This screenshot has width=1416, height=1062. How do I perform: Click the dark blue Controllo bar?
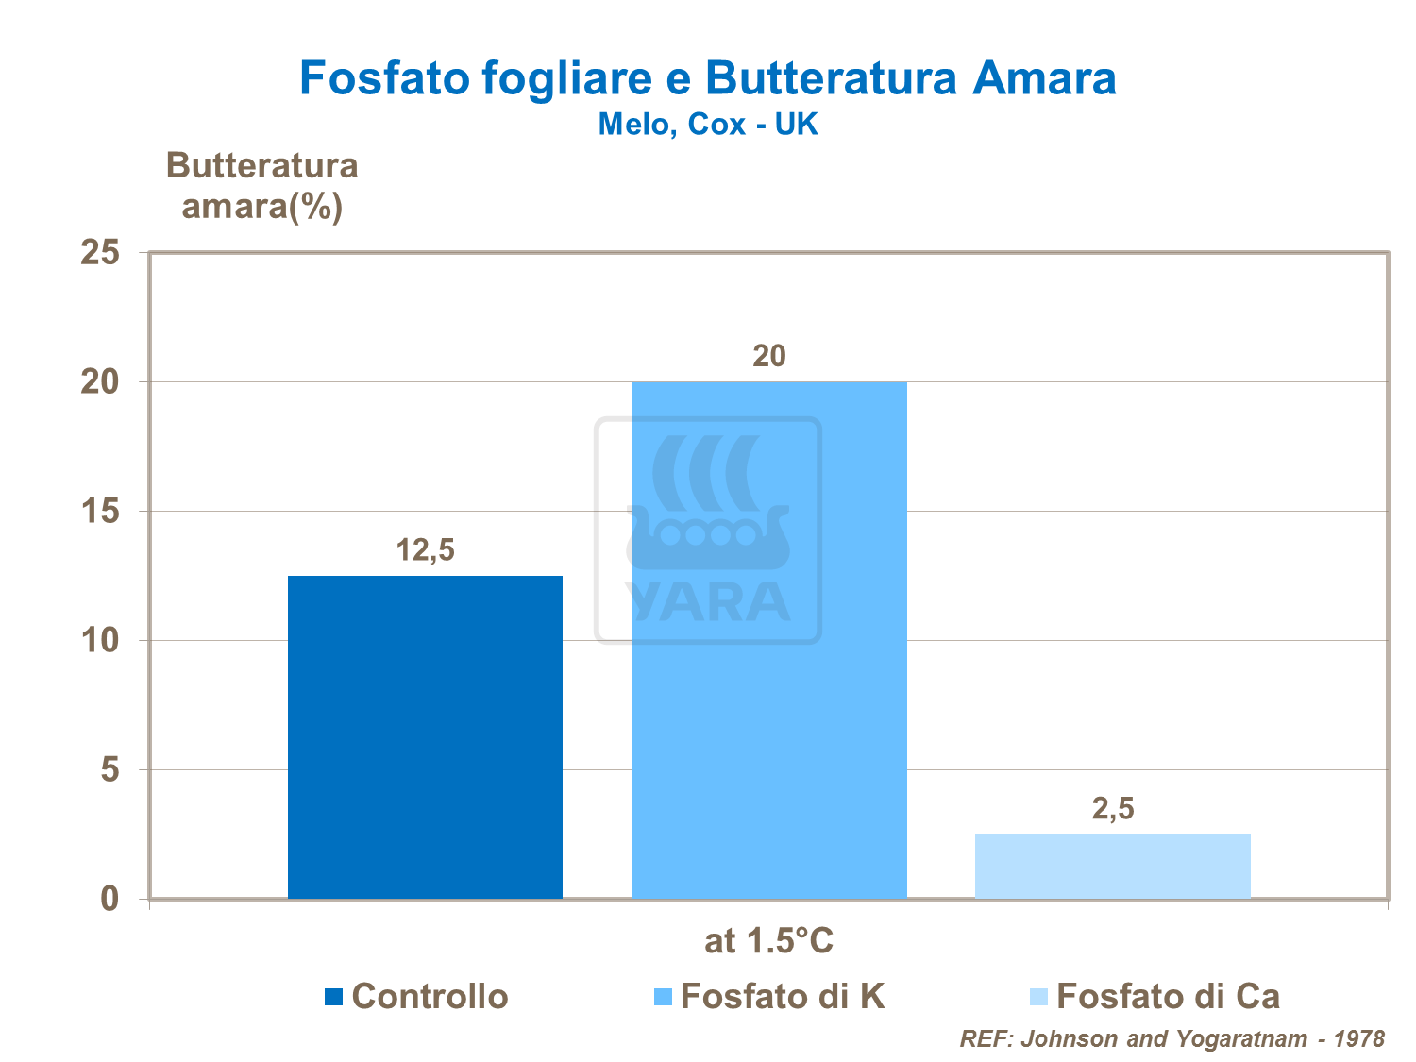click(425, 736)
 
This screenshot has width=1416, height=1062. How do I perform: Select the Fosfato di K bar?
click(768, 661)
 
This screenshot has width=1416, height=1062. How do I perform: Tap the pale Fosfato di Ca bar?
click(1112, 866)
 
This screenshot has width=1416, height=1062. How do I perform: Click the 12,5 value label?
click(425, 549)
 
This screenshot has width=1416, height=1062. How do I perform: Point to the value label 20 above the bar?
click(768, 356)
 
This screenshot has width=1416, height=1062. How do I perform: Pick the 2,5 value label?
click(1112, 808)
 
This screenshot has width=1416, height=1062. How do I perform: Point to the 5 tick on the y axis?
click(110, 770)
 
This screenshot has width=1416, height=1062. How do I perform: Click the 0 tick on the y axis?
click(110, 899)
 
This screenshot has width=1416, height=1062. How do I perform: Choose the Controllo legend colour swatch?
click(333, 997)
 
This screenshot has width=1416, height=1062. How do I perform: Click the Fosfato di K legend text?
click(783, 997)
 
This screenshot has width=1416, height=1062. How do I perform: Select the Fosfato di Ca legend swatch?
click(1038, 997)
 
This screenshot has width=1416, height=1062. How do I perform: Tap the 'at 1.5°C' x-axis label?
click(768, 941)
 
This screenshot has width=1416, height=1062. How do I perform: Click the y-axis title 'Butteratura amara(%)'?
click(261, 186)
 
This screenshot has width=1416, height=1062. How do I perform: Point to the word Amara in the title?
click(1044, 78)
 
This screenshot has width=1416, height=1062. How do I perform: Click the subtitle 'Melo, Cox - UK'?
click(708, 124)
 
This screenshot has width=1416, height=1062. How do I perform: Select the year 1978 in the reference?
click(1358, 1039)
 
